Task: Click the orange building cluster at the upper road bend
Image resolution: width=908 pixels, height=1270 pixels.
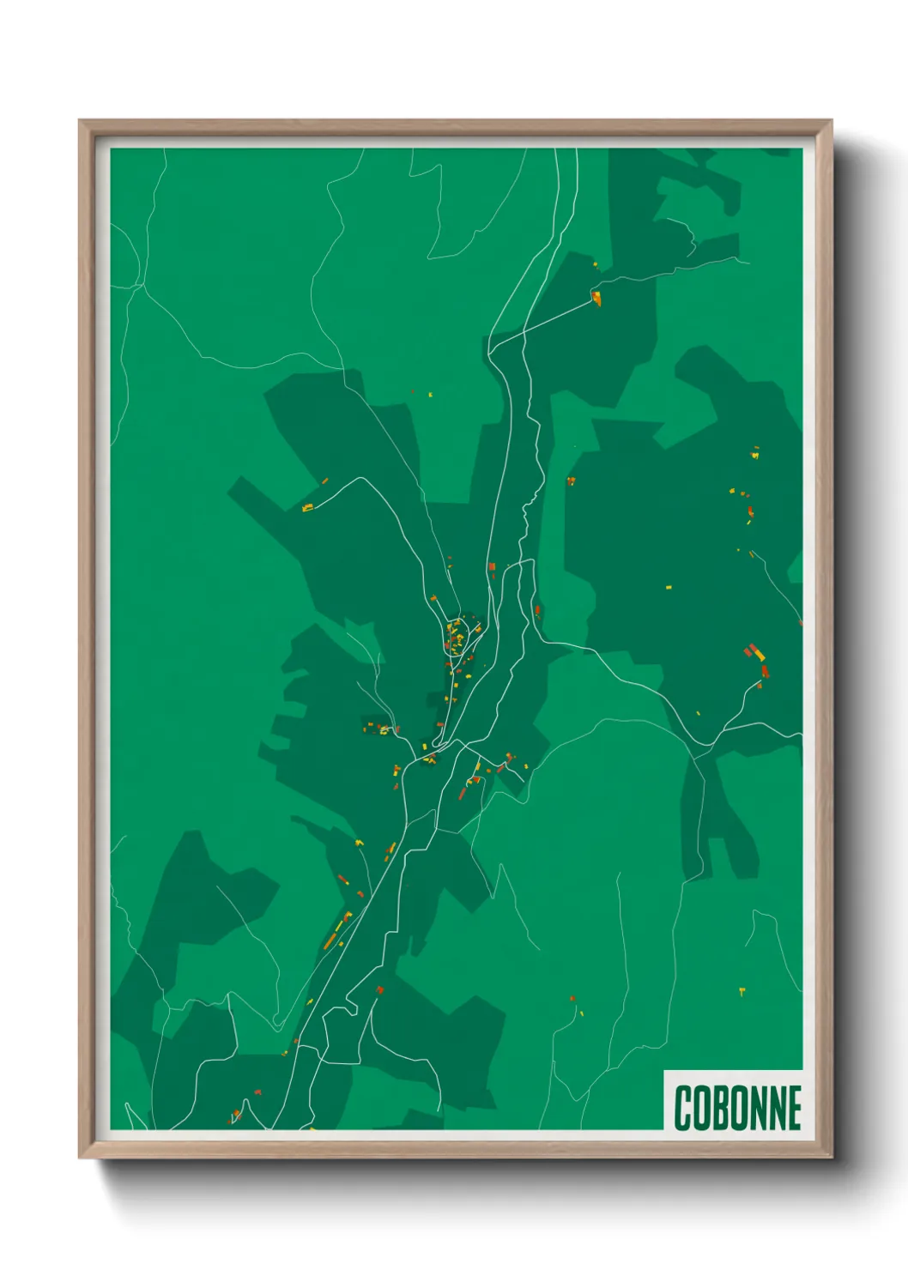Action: tap(596, 299)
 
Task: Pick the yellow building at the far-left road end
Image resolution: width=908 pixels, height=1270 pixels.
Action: tap(307, 509)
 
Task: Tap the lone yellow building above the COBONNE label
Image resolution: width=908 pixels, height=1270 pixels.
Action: tap(742, 992)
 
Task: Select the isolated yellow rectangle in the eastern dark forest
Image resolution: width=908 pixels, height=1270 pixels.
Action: tap(669, 588)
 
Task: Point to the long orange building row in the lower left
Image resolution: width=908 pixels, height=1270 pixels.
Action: tap(337, 931)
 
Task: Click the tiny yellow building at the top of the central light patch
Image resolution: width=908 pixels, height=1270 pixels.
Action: tap(430, 395)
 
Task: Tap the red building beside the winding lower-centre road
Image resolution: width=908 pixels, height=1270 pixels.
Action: tap(379, 990)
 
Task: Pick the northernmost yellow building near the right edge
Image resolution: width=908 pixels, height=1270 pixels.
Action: tap(755, 452)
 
